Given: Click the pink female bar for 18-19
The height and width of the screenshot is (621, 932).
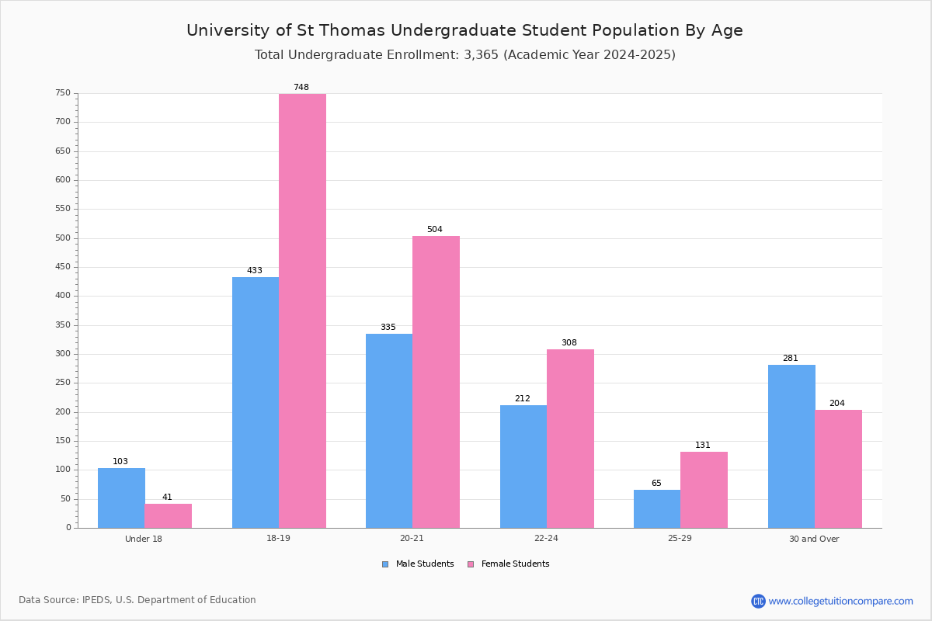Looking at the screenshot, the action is click(302, 310).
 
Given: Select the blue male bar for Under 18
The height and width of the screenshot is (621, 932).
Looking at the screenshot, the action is click(121, 498).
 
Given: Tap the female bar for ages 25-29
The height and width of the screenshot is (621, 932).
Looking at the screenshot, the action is click(704, 490).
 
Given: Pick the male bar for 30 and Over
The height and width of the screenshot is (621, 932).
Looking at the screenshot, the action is click(791, 446).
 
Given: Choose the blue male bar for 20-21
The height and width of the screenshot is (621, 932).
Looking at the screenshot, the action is click(389, 431).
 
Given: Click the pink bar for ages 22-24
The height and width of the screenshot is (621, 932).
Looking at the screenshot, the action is click(570, 439).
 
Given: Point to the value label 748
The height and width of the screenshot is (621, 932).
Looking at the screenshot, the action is click(301, 87).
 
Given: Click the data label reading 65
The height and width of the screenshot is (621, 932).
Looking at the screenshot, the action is click(656, 483).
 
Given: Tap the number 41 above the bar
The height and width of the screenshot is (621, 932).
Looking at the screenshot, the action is click(167, 497).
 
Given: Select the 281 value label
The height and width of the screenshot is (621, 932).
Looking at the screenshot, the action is click(791, 358).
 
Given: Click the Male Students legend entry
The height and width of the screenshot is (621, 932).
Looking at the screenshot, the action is click(418, 564).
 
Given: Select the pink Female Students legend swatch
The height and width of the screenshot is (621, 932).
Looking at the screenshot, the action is click(471, 564).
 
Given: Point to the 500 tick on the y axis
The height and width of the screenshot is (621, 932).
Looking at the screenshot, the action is click(63, 238).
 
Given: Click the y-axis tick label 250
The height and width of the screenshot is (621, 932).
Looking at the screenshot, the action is click(63, 382).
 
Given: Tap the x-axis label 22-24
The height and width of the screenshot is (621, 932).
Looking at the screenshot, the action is click(546, 538).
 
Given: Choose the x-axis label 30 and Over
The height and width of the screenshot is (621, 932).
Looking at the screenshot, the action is click(814, 539).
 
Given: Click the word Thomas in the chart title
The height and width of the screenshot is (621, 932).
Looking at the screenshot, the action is click(352, 30).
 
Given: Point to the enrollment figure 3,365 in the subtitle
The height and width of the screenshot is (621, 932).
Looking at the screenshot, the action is click(481, 54).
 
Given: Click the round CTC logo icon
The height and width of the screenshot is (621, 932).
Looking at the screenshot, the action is click(758, 601).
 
